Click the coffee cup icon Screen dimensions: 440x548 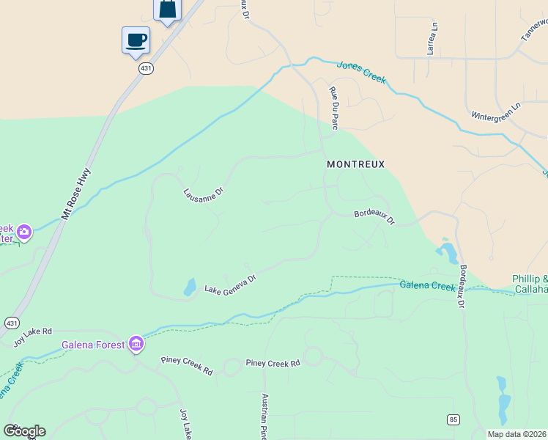[x=136, y=40]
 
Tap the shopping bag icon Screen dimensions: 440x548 [x=167, y=10]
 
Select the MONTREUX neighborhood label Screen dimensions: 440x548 [x=355, y=165]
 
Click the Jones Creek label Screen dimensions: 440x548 [x=361, y=73]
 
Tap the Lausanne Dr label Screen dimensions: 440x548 [x=203, y=194]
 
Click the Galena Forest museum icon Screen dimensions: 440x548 [x=136, y=343]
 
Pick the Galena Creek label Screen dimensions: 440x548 [x=428, y=285]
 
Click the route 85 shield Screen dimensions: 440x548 [x=453, y=419]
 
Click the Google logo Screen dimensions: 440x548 [x=24, y=430]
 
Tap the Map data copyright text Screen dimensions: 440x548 [x=516, y=434]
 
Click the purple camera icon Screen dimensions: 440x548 [x=24, y=232]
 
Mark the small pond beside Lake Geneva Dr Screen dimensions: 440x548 [x=190, y=287]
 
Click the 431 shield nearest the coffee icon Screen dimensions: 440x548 [x=145, y=67]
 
